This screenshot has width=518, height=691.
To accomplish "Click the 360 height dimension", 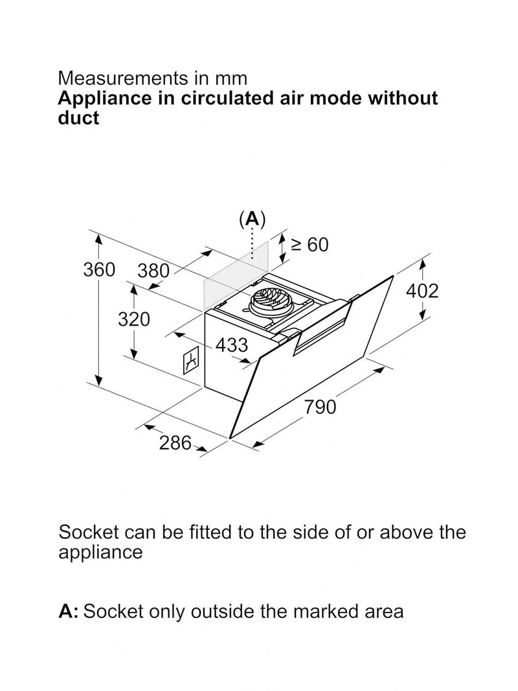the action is tap(99, 269).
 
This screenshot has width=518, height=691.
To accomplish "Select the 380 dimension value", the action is tap(153, 271).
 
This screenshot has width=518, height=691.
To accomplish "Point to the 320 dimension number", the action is tap(134, 319).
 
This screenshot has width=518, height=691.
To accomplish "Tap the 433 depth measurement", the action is tap(232, 345).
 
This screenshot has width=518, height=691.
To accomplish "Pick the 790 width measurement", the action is tap(321, 407).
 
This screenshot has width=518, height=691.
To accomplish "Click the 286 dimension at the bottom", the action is tap(175, 443).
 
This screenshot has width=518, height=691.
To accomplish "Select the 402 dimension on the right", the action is tap(422, 291).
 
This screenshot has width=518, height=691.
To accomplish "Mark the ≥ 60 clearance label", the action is tap(310, 245).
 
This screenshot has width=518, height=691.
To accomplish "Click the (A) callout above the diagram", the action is tap(252, 219).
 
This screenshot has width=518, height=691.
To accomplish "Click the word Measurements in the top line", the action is tap(122, 78).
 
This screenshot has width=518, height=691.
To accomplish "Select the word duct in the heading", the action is tap(78, 118).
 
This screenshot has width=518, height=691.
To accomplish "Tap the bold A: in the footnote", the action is tap(68, 612).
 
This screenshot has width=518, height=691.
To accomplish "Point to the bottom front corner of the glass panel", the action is tap(229, 438).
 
